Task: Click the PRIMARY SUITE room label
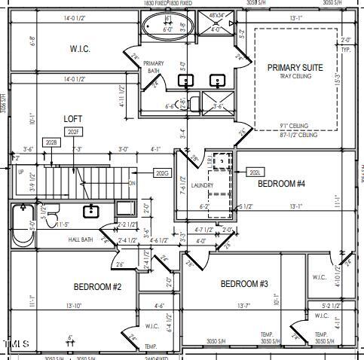click(295, 68)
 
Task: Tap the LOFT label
click(72, 118)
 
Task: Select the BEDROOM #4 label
click(281, 184)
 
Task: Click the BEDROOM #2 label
click(97, 286)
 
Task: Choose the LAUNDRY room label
click(202, 185)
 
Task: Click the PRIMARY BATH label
click(154, 67)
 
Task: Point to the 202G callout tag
click(162, 173)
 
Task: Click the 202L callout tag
click(255, 172)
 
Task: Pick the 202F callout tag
click(73, 132)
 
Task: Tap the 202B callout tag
click(51, 142)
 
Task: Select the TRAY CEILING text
click(295, 77)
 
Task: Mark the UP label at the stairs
click(20, 172)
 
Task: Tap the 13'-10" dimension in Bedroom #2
click(74, 306)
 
